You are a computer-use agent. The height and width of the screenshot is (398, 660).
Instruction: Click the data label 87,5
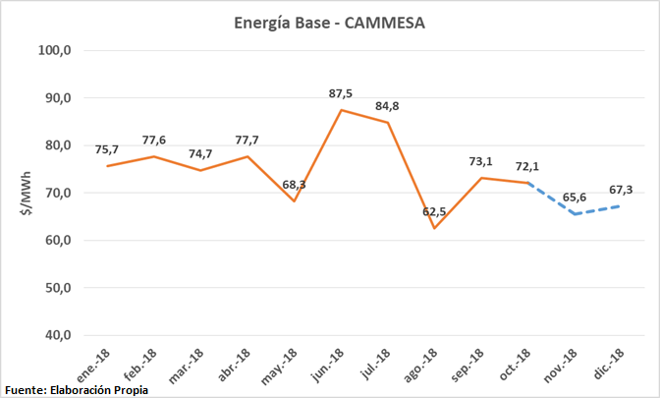342,93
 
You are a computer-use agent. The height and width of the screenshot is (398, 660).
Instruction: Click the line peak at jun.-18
341,110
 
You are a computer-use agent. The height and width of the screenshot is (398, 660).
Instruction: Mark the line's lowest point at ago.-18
435,228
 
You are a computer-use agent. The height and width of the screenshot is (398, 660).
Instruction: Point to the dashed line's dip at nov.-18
577,213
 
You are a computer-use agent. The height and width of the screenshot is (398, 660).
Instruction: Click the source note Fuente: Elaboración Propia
77,389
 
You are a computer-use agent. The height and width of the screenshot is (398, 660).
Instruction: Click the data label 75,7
106,149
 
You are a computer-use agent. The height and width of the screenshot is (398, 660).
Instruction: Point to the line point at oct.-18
529,183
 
